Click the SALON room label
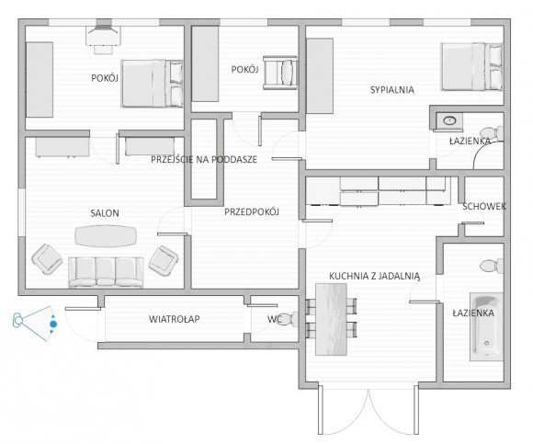[105, 213]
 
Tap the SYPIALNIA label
[392, 90]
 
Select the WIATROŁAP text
[174, 319]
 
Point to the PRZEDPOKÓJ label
[252, 212]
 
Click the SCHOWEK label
[484, 206]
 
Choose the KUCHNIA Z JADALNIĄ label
[375, 276]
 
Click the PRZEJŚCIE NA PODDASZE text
[204, 159]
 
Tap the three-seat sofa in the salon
[106, 272]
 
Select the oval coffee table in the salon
[106, 235]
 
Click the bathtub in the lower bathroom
[486, 326]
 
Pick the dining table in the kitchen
[332, 319]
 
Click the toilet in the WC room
[288, 319]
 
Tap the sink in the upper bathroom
[449, 120]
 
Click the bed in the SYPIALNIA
[471, 66]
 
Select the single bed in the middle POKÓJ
[280, 73]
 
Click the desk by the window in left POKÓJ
[103, 36]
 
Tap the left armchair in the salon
[47, 258]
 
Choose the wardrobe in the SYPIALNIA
[320, 75]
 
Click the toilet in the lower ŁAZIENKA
[492, 266]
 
